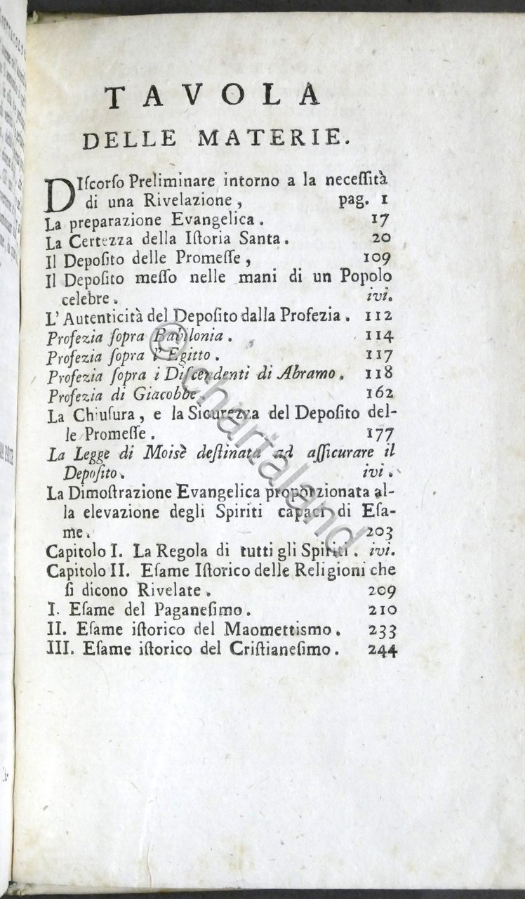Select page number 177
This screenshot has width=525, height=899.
380,432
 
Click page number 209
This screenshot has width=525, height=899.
381,591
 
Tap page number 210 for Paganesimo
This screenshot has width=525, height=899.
381,610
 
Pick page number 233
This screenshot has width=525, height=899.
381,630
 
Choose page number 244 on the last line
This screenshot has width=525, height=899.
381,650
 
